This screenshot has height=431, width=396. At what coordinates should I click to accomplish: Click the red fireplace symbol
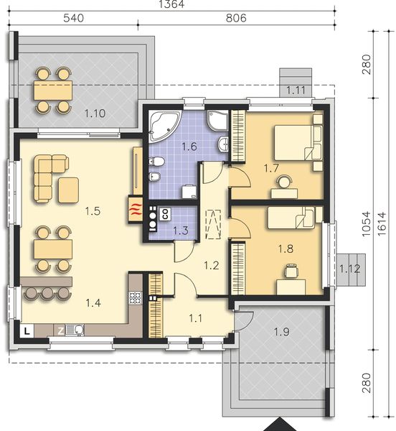tap(135, 210)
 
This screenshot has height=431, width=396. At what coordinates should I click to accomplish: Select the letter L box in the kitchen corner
tap(26, 330)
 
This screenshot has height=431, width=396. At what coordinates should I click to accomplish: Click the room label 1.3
tap(181, 231)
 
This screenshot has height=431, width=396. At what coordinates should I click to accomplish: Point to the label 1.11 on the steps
tap(296, 90)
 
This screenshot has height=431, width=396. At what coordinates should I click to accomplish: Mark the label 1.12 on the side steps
tap(349, 269)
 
